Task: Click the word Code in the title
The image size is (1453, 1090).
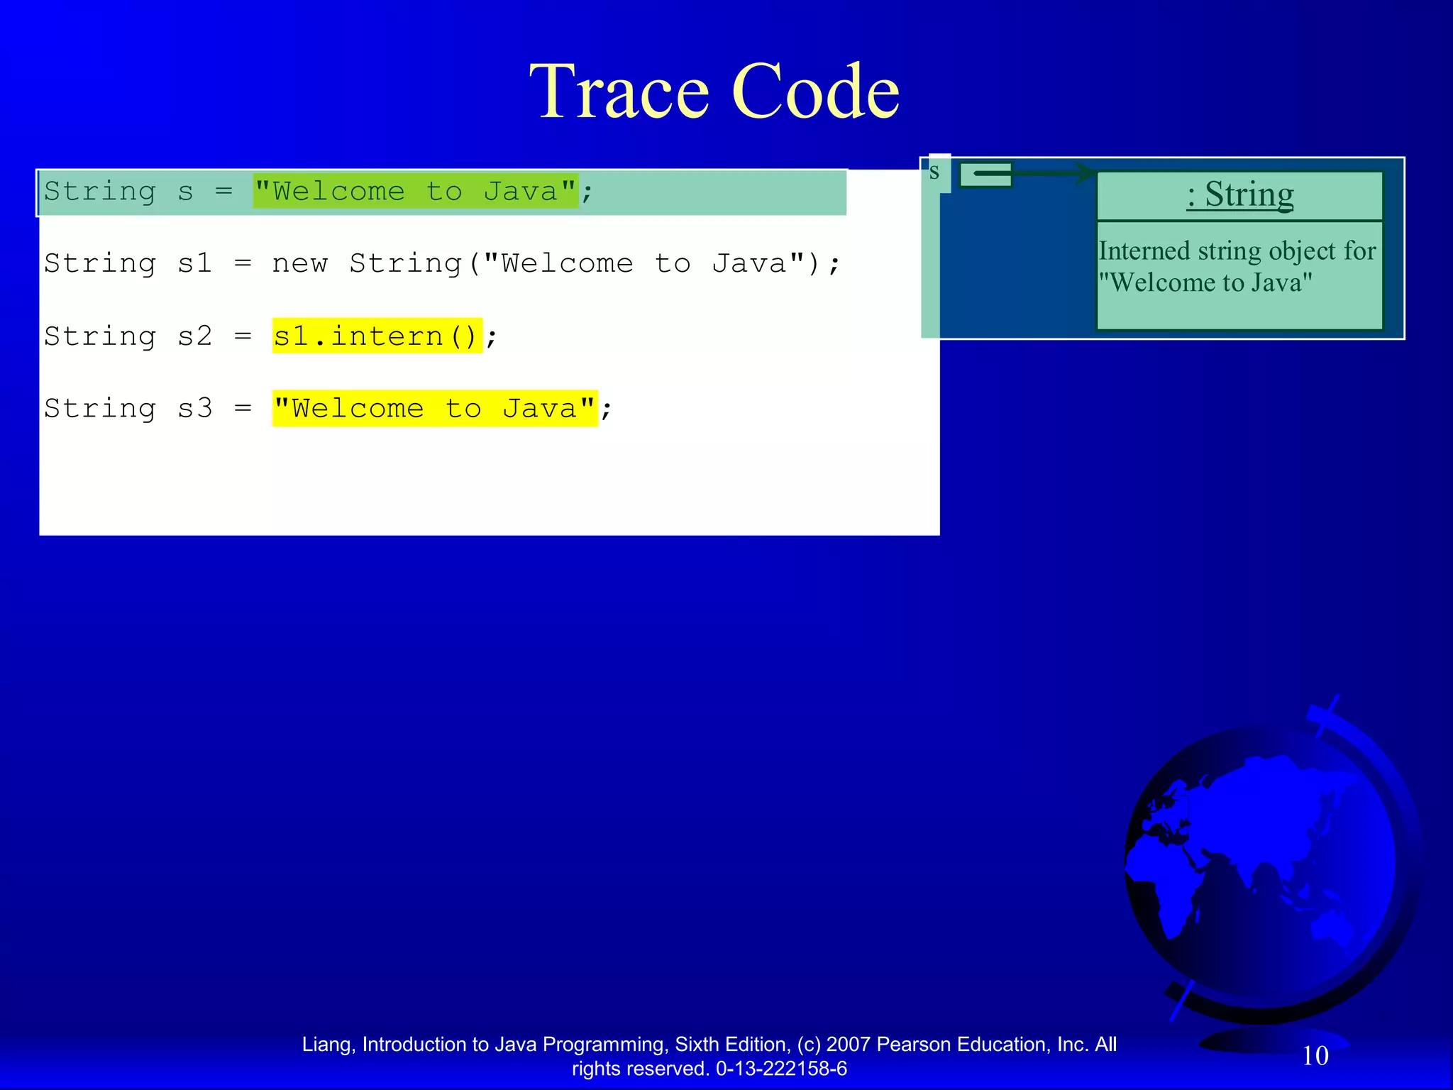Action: pyautogui.click(x=815, y=92)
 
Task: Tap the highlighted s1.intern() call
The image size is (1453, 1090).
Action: pyautogui.click(x=377, y=336)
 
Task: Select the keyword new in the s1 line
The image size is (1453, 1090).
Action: pyautogui.click(x=299, y=264)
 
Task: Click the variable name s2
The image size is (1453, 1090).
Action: pyautogui.click(x=194, y=336)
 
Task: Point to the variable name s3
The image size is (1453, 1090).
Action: pyautogui.click(x=194, y=409)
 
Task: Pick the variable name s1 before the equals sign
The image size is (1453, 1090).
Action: pyautogui.click(x=194, y=264)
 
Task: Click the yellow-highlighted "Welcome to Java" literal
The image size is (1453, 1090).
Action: pyautogui.click(x=434, y=409)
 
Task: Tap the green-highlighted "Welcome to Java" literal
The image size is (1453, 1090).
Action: pyautogui.click(x=416, y=192)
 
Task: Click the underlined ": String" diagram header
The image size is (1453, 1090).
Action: pyautogui.click(x=1239, y=194)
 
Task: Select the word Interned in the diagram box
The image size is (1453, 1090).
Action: pyautogui.click(x=1144, y=251)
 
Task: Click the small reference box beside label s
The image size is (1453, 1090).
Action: pyautogui.click(x=985, y=175)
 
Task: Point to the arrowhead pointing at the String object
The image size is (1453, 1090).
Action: pyautogui.click(x=1085, y=172)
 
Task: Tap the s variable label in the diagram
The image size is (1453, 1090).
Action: pyautogui.click(x=934, y=172)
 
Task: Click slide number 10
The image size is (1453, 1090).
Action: pyautogui.click(x=1315, y=1056)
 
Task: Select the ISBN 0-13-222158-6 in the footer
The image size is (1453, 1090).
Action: pyautogui.click(x=781, y=1069)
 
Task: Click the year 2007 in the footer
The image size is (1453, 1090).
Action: pyautogui.click(x=849, y=1045)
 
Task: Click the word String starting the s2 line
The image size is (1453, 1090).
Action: pyautogui.click(x=99, y=336)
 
